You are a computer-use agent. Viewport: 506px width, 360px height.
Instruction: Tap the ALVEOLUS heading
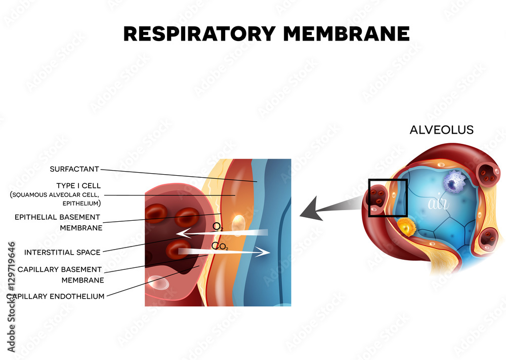[x=441, y=130]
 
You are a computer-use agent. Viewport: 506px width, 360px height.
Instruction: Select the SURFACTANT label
[x=74, y=169]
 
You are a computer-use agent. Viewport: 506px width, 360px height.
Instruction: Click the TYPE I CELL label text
[x=78, y=186]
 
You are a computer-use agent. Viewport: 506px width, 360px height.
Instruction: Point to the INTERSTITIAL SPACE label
[x=62, y=252]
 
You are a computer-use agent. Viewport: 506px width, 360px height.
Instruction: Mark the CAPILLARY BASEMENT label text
[x=60, y=269]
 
